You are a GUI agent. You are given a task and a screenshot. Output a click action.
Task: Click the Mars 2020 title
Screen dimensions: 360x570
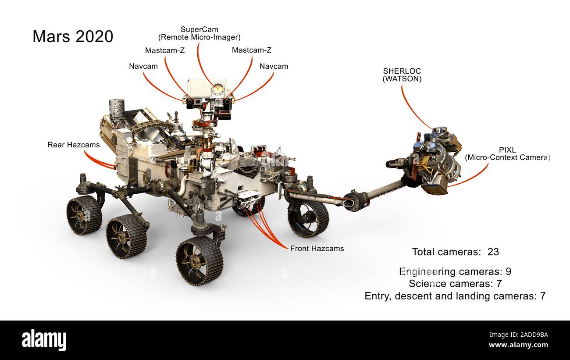(x=73, y=36)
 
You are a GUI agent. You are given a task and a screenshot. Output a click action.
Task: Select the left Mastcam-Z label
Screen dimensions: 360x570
(x=165, y=50)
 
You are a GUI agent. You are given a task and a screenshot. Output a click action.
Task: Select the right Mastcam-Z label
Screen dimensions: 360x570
(x=252, y=50)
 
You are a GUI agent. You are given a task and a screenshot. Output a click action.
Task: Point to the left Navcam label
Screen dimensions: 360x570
(x=143, y=67)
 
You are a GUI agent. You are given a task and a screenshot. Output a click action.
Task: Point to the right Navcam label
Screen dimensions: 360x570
(x=274, y=67)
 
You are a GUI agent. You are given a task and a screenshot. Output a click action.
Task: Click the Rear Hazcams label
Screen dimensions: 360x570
(x=73, y=145)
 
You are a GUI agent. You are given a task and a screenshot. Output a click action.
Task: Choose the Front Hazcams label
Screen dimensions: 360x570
(x=317, y=249)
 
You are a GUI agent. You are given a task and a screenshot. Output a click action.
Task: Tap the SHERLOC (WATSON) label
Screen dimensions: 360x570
(x=402, y=75)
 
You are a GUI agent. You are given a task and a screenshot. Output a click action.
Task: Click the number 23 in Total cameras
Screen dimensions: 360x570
(x=493, y=252)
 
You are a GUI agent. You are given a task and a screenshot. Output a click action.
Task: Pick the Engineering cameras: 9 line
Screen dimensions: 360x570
(x=455, y=272)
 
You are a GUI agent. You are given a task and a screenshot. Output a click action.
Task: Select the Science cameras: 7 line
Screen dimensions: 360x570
(x=455, y=284)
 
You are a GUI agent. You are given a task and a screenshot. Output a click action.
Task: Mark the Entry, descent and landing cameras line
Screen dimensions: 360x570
(x=455, y=296)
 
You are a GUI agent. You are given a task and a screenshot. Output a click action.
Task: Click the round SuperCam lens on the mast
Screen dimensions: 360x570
(x=217, y=89)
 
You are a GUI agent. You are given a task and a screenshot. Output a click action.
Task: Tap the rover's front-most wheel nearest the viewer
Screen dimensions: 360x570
(x=199, y=261)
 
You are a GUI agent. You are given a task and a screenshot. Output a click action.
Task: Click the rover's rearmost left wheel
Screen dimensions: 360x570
(x=84, y=215)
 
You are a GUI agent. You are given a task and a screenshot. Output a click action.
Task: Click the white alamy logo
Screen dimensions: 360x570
(x=44, y=340)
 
